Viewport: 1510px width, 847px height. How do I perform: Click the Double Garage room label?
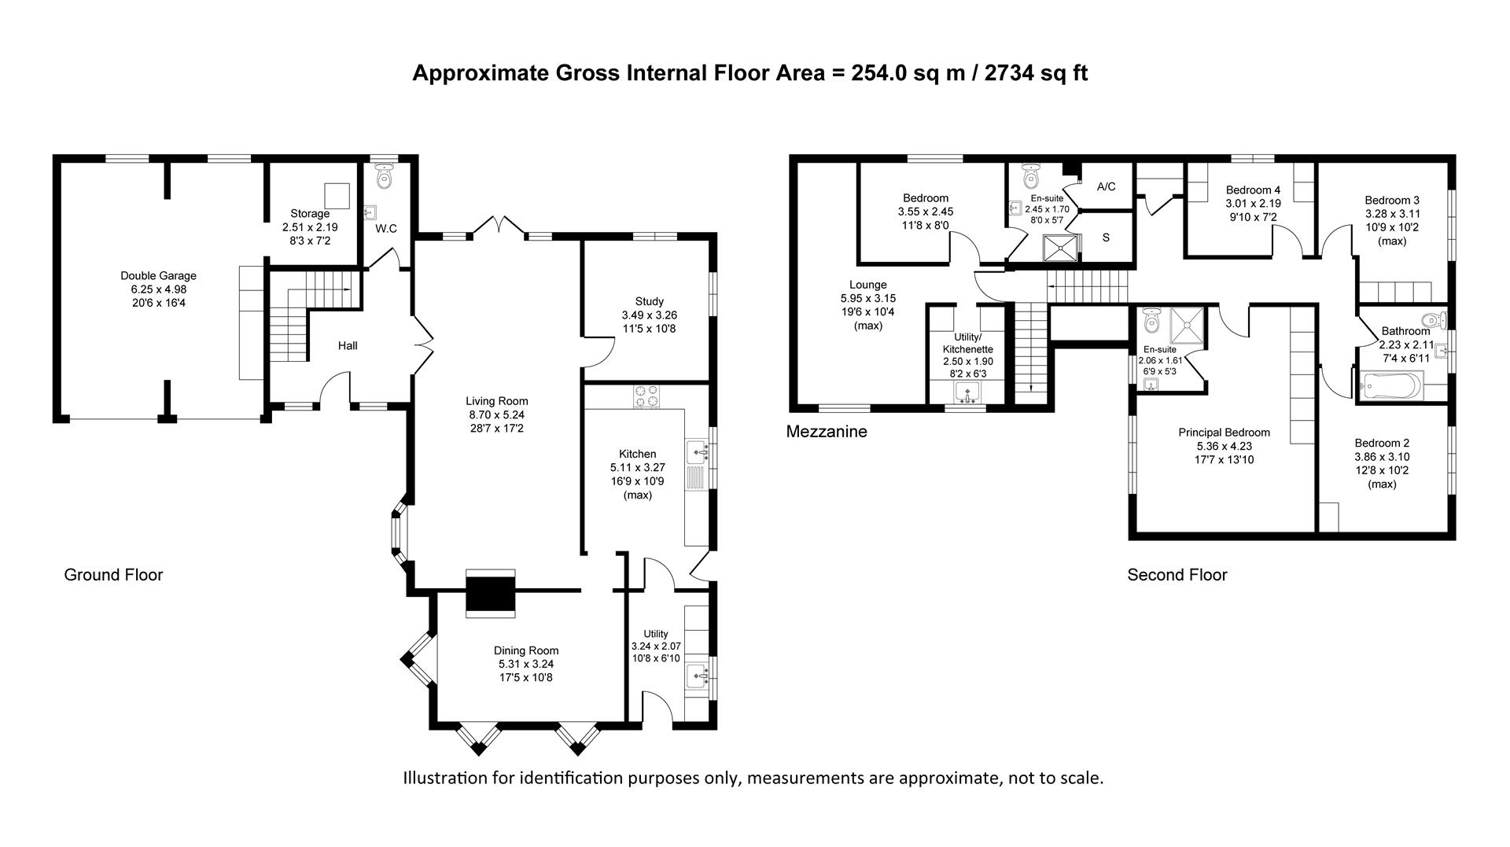tap(158, 276)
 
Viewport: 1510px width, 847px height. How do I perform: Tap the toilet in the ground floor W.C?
tap(384, 177)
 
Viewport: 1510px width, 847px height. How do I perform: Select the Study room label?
tap(649, 301)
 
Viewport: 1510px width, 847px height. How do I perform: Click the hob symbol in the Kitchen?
tap(646, 396)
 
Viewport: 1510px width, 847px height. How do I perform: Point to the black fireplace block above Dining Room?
tap(491, 593)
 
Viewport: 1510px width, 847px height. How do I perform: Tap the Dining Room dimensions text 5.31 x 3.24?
tap(526, 664)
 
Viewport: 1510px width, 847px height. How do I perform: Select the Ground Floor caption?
tap(113, 575)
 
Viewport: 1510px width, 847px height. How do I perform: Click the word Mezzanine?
tap(827, 432)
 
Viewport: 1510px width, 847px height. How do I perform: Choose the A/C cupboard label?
tap(1106, 187)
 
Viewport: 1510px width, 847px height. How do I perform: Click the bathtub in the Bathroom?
tap(1392, 386)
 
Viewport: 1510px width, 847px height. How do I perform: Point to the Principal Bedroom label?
tap(1224, 433)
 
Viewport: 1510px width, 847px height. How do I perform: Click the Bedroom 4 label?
tap(1253, 190)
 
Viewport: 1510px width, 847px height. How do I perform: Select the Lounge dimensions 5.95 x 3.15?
tap(867, 299)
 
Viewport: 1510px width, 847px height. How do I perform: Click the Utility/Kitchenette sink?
tap(967, 391)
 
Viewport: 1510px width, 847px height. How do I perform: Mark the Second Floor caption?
tap(1177, 575)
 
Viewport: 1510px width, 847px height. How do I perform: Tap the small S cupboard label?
tap(1106, 238)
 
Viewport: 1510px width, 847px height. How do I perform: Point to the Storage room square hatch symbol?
tap(337, 194)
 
